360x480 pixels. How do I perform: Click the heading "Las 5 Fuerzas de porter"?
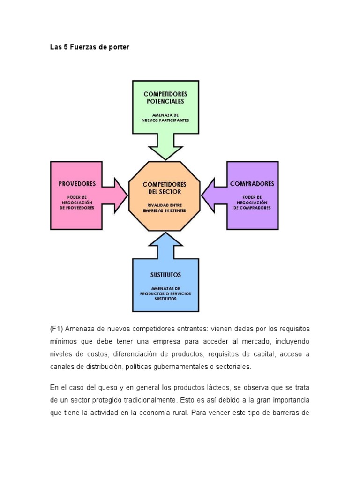90,47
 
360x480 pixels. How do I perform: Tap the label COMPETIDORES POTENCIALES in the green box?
165,97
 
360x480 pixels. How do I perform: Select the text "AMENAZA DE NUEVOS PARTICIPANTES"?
165,117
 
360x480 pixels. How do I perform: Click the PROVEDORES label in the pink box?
77,184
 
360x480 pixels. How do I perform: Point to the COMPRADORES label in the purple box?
252,184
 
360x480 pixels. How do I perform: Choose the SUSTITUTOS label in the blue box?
165,275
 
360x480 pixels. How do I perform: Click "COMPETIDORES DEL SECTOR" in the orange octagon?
165,188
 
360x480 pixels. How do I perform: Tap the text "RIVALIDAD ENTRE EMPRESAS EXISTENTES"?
165,208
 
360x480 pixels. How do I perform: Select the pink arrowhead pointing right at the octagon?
120,195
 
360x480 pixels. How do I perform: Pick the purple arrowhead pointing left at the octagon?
210,195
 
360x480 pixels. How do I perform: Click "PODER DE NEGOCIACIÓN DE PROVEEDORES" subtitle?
77,202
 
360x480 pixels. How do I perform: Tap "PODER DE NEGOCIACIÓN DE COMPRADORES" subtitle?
252,202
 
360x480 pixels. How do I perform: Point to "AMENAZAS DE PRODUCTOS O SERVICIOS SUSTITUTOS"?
165,293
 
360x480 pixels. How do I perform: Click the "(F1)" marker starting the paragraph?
56,329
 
